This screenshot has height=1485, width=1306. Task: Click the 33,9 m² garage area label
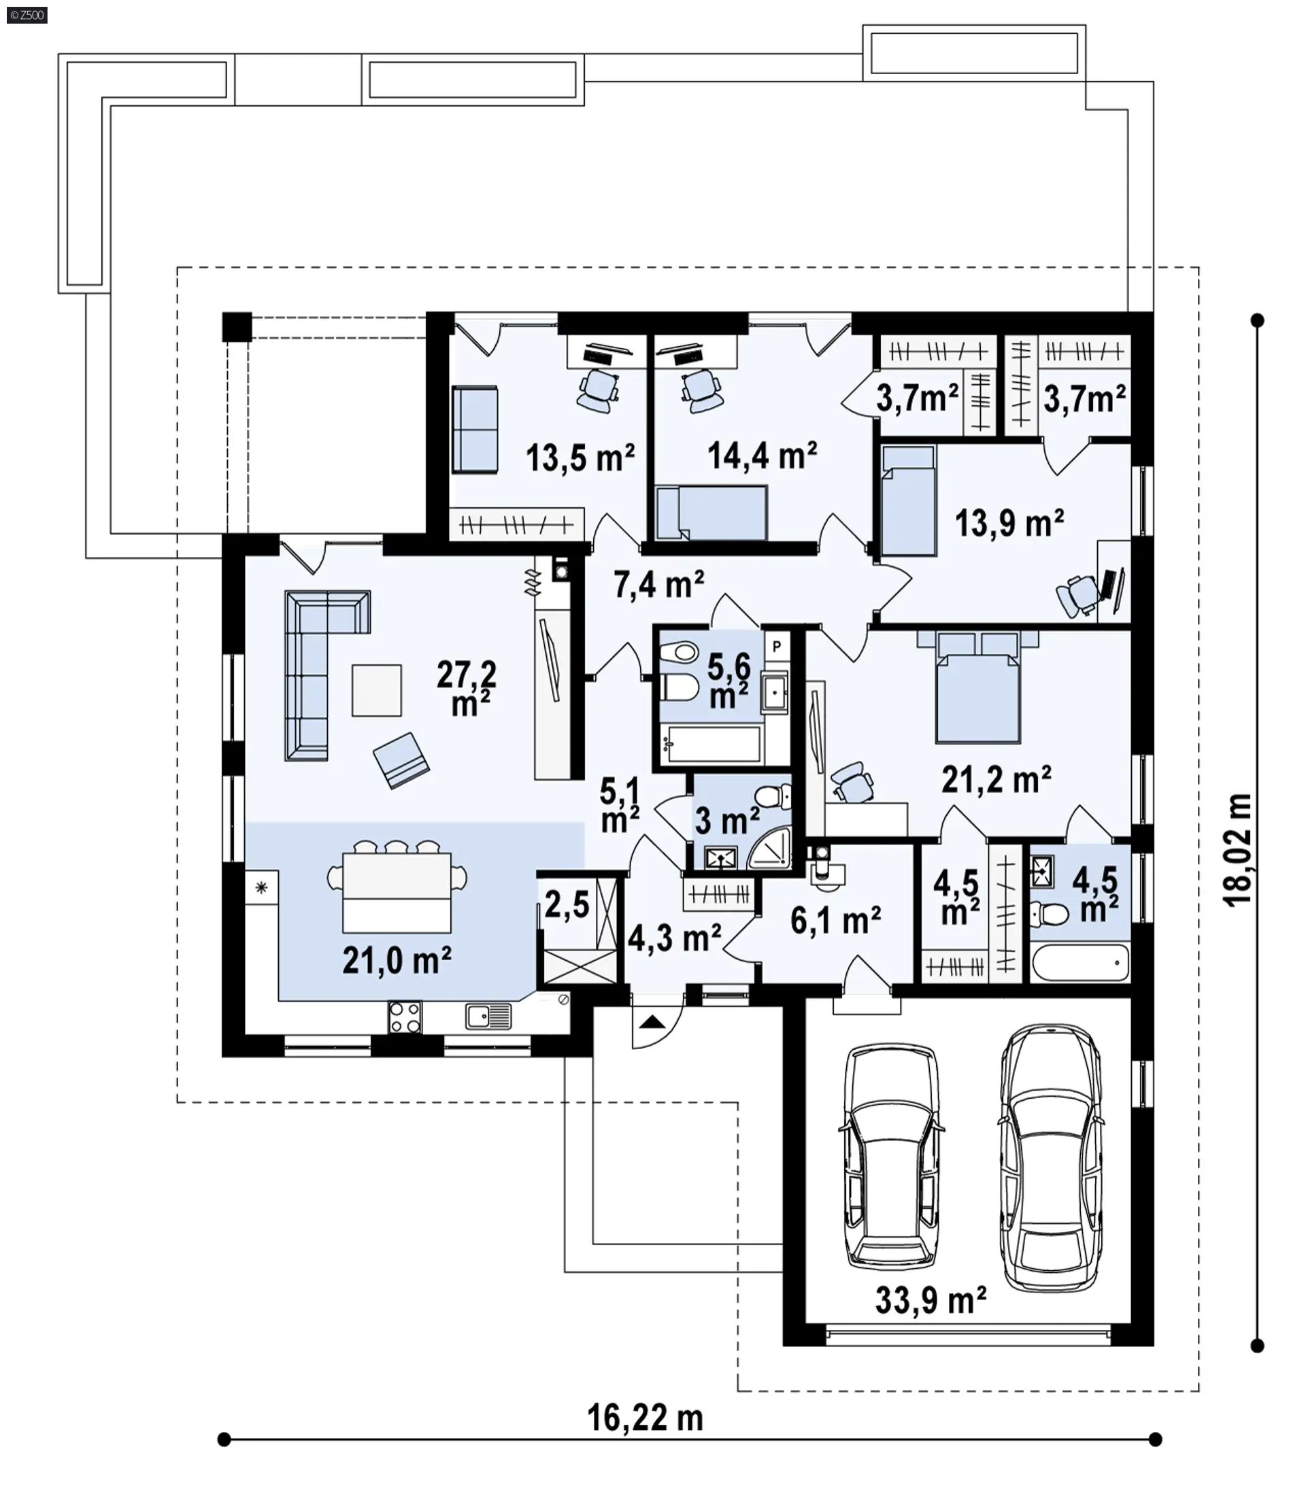931,1301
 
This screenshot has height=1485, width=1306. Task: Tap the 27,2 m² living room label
467,688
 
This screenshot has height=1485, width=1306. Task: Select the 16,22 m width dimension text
646,1418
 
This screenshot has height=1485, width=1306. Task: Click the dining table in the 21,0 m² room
397,893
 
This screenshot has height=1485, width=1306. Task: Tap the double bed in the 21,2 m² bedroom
977,687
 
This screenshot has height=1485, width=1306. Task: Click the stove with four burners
405,1017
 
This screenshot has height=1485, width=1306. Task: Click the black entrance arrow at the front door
652,1023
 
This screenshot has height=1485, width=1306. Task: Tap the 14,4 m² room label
763,456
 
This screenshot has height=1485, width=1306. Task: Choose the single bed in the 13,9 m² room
909,501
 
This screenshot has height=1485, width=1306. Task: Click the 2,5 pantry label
567,905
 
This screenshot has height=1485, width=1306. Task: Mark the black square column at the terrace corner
237,327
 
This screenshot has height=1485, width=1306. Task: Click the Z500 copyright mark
27,14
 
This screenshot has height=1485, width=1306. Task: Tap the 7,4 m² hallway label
658,584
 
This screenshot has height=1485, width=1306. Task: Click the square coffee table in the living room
376,690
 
